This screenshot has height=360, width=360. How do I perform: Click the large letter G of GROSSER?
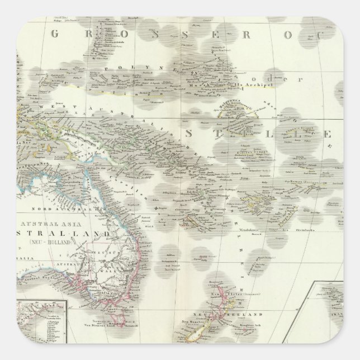tap(55, 34)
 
